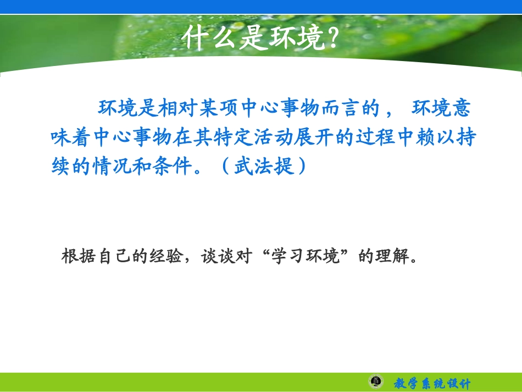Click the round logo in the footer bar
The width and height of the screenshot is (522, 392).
(376, 382)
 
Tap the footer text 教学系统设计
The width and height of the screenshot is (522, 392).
(432, 383)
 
